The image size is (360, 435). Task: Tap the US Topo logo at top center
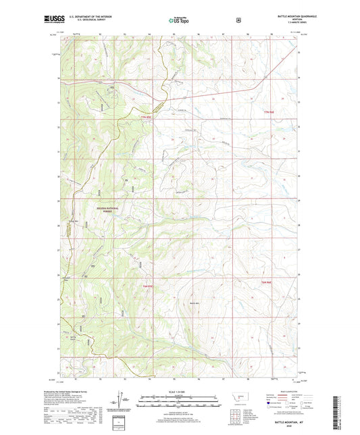(x=179, y=20)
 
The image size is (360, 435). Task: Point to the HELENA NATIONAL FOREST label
(x=109, y=210)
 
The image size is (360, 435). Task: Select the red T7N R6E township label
(x=269, y=112)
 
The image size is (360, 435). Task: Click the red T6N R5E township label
(x=149, y=286)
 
